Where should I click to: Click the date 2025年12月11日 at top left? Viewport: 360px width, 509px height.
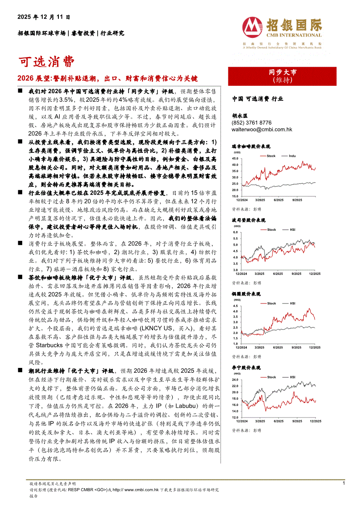point(44,17)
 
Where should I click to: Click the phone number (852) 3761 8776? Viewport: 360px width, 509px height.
point(251,123)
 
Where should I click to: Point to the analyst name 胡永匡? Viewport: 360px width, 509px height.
point(239,116)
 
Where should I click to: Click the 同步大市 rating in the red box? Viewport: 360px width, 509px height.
point(282,72)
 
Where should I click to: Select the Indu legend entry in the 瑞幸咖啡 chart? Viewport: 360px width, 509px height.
point(292,155)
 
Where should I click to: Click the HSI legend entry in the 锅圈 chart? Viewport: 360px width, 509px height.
point(293,303)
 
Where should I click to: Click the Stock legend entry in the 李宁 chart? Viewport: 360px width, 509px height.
point(271,377)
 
